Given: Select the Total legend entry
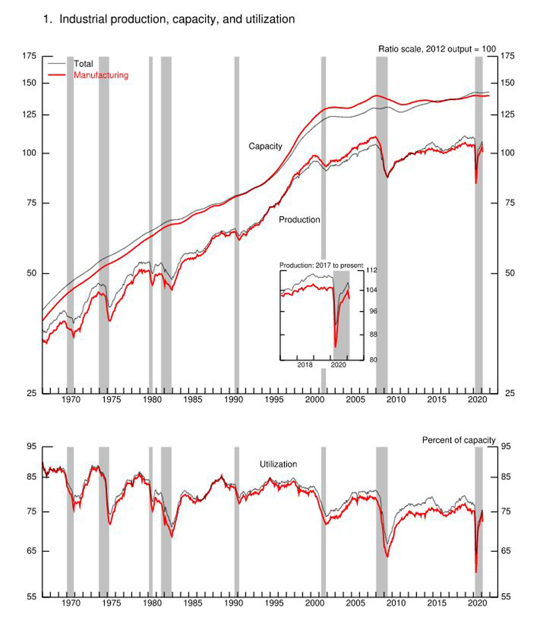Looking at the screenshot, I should pos(83,63).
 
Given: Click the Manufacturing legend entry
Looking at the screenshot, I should pos(101,75).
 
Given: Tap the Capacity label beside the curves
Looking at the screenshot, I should pos(265,146).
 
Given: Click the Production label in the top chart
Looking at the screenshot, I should pos(300,220).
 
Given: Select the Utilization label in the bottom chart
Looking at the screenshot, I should pos(278,464).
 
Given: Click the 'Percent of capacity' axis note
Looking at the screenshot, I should pos(458,440).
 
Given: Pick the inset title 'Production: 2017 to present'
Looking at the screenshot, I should pos(321,264).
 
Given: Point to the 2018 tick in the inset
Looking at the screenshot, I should pos(304,365).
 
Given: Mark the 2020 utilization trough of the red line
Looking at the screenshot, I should pos(476,572).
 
